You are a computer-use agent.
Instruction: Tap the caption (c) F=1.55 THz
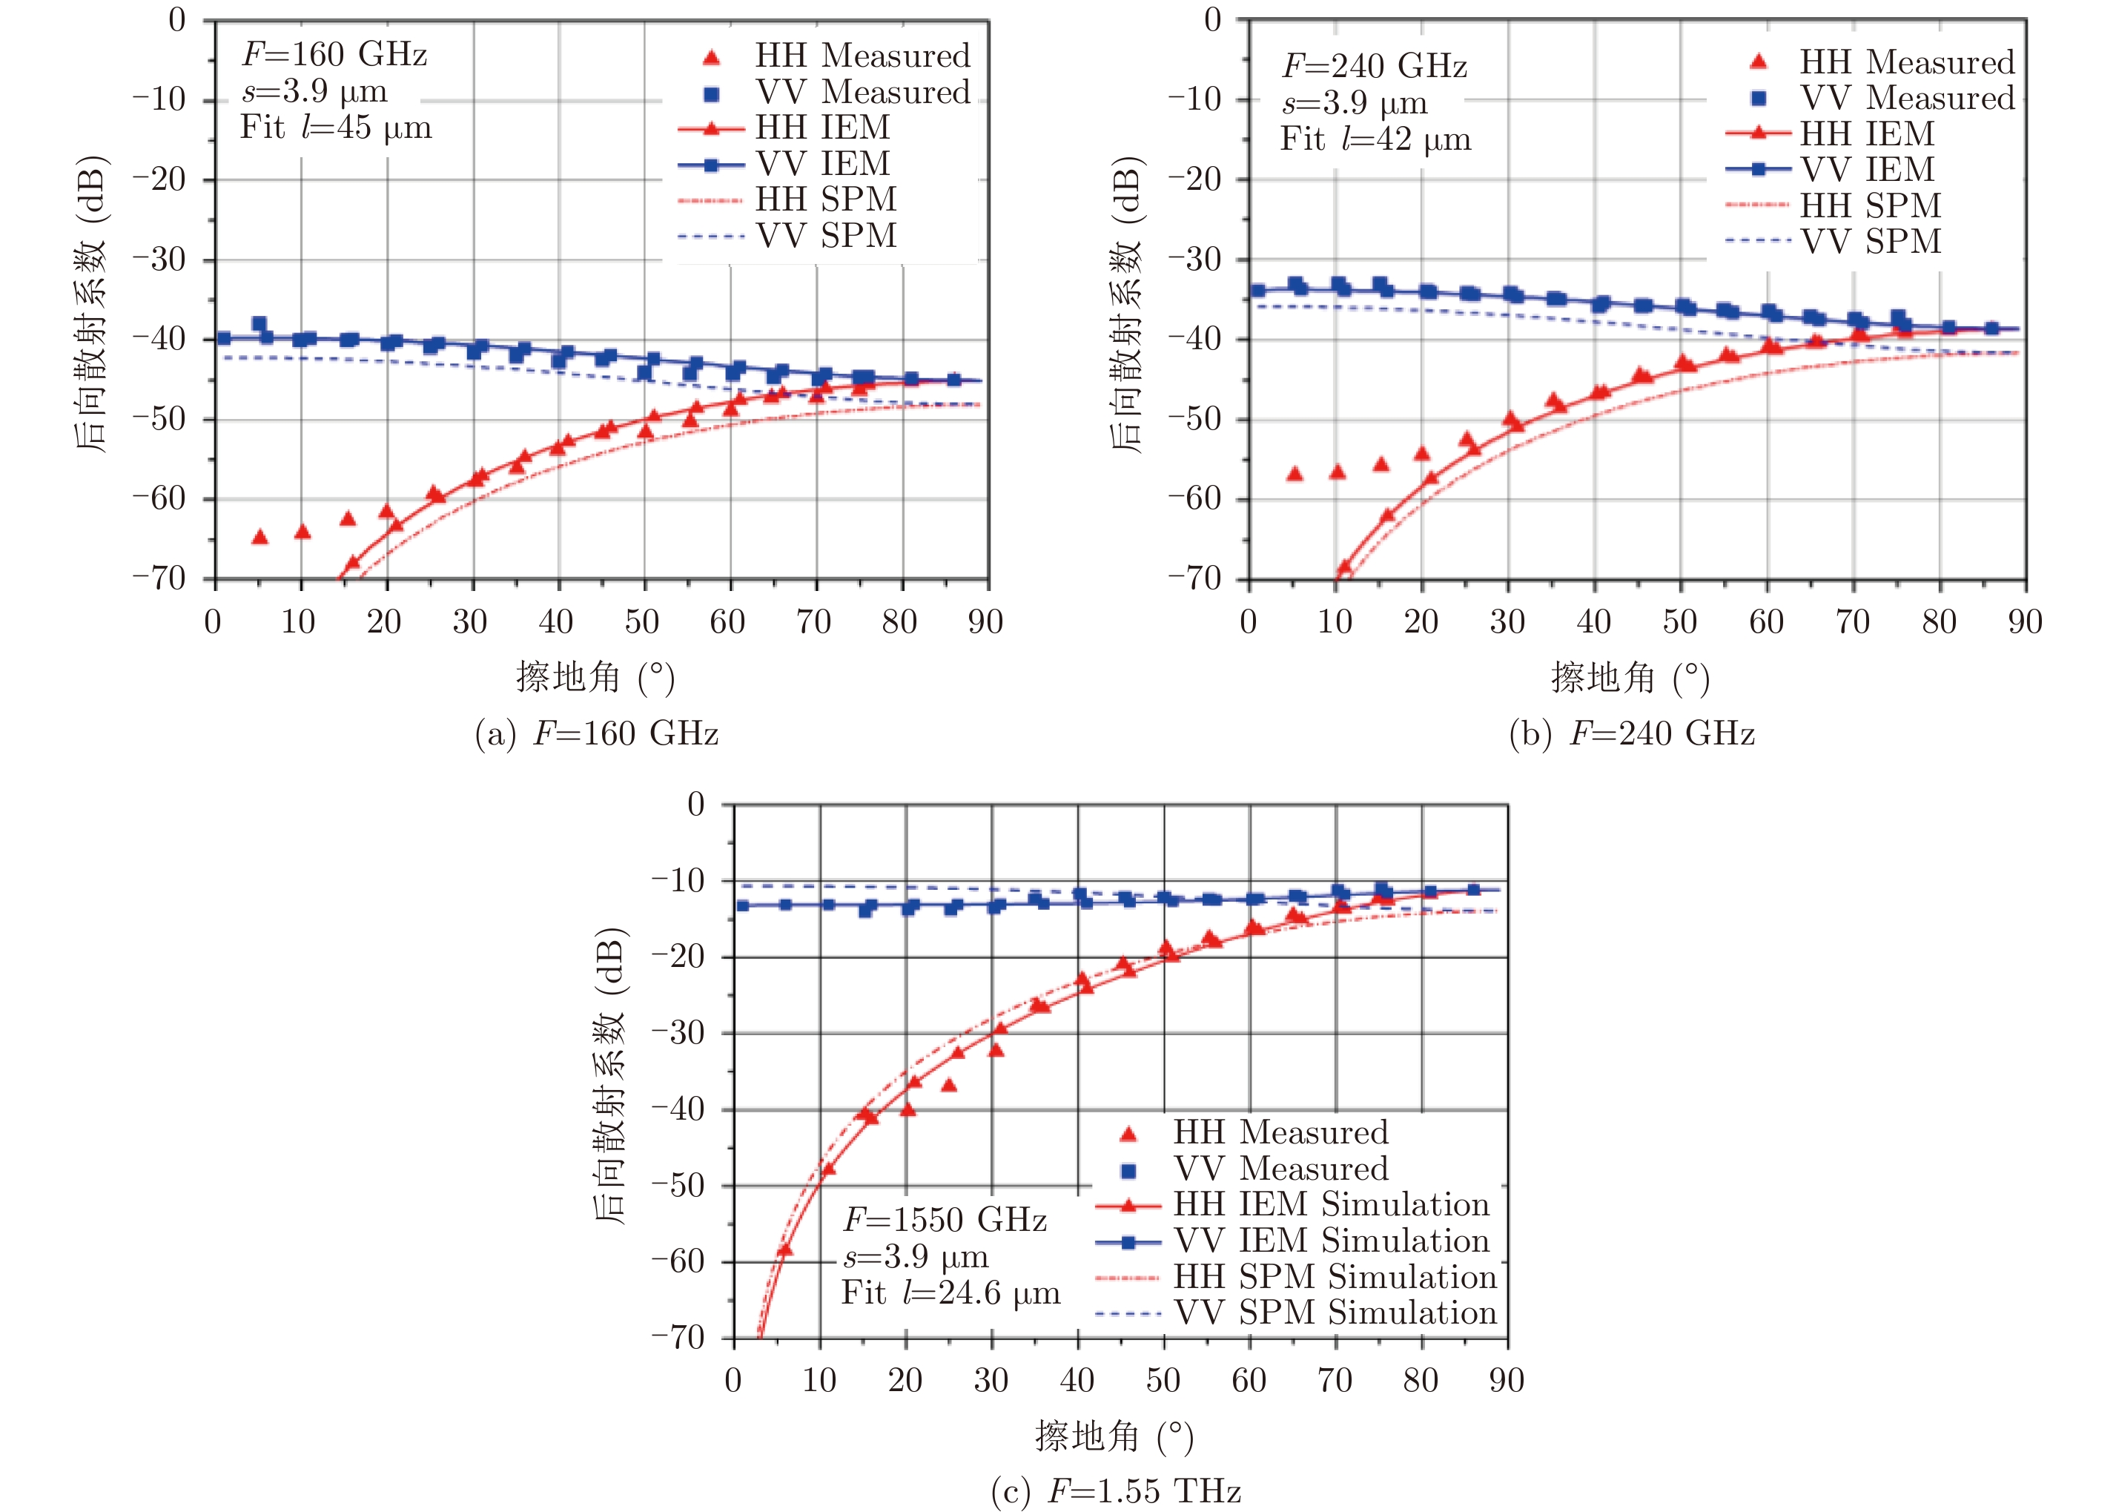1116,1491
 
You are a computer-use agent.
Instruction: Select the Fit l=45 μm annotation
336,127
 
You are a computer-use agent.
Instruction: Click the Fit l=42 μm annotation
1375,139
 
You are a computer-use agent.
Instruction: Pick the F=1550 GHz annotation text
945,1220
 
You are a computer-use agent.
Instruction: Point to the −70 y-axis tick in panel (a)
159,578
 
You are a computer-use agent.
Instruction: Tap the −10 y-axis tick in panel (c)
678,879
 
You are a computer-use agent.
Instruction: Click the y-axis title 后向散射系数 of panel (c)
609,1075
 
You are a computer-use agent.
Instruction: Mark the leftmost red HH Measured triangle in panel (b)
1294,474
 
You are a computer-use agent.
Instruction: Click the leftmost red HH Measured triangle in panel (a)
259,537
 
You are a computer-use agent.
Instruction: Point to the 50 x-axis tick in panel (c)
1163,1380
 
